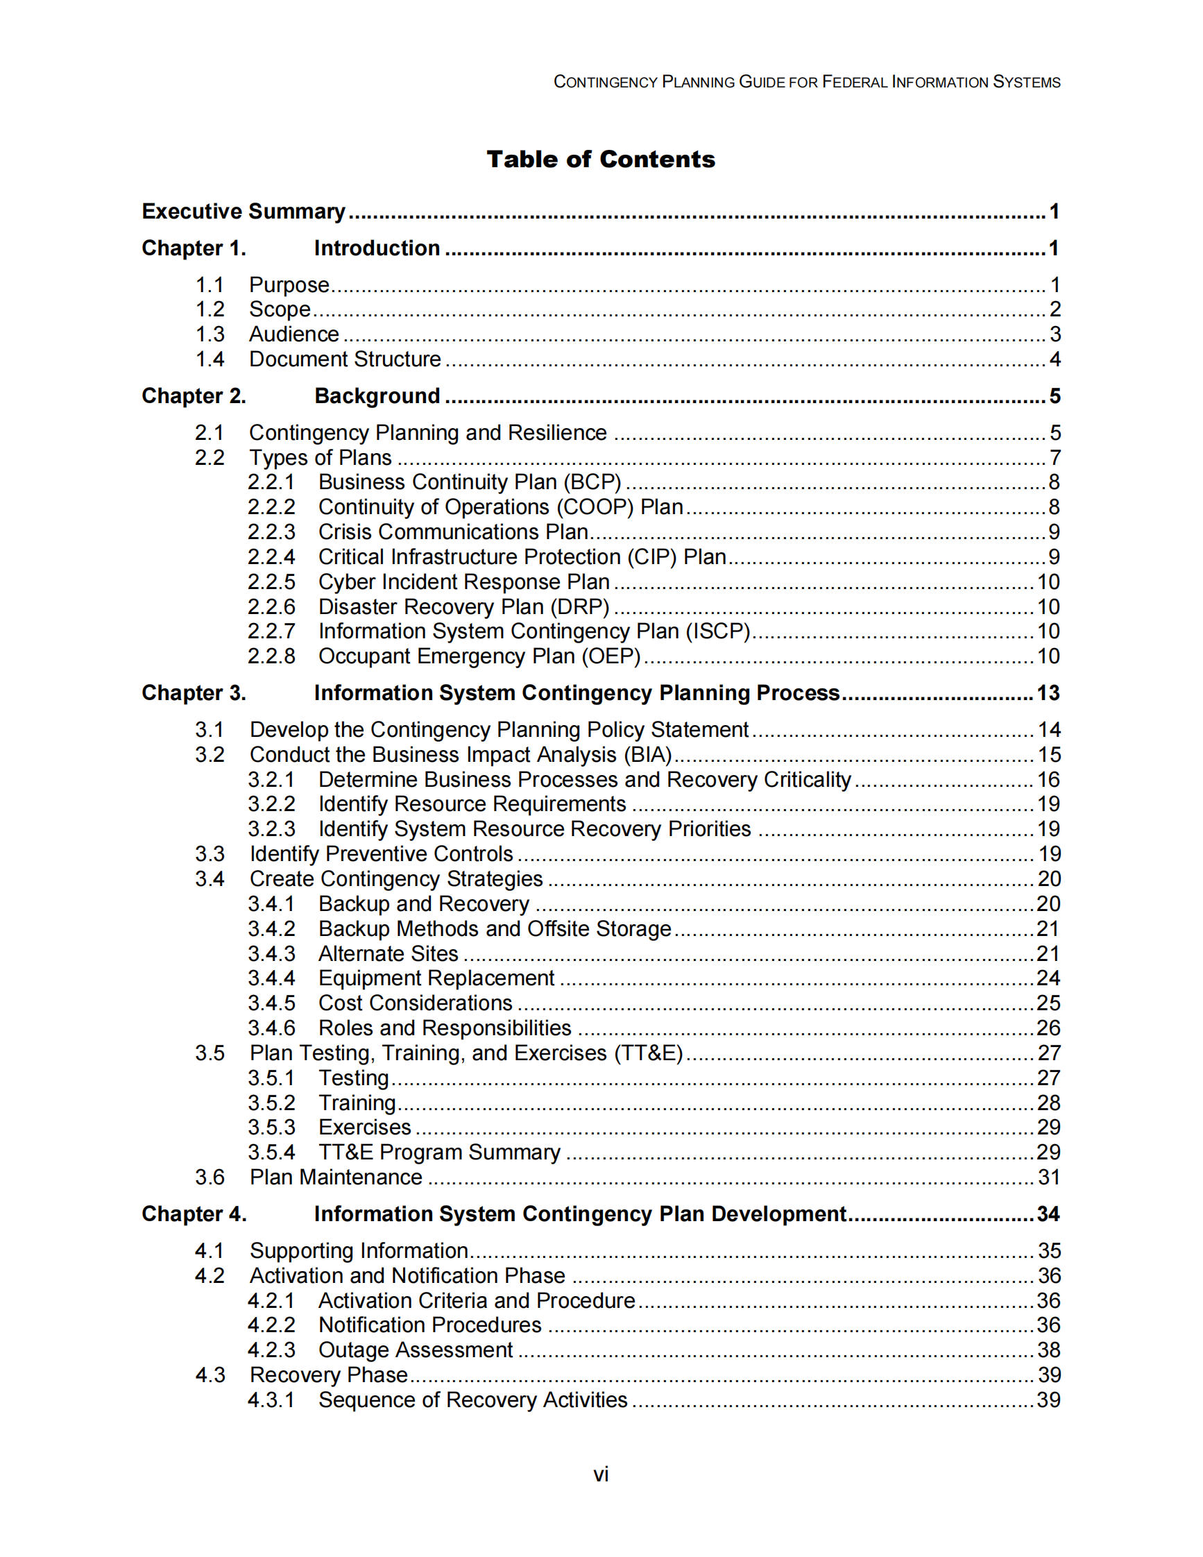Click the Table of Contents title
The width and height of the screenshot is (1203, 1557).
pyautogui.click(x=600, y=159)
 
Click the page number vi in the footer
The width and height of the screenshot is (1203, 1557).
pyautogui.click(x=601, y=1474)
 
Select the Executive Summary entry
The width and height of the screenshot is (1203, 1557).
pyautogui.click(x=243, y=212)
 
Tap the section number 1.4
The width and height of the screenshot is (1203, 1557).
pyautogui.click(x=210, y=359)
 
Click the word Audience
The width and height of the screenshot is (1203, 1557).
pyautogui.click(x=293, y=334)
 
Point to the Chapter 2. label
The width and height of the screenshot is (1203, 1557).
pyautogui.click(x=193, y=396)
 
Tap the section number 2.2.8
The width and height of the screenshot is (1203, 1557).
pyautogui.click(x=271, y=656)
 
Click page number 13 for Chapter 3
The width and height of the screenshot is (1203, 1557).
pyautogui.click(x=1048, y=694)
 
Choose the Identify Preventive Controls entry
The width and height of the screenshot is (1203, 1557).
pyautogui.click(x=381, y=854)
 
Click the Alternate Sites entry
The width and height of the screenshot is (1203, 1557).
pyautogui.click(x=388, y=954)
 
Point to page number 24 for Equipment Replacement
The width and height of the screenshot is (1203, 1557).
pyautogui.click(x=1048, y=979)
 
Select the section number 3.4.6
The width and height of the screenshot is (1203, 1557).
pyautogui.click(x=271, y=1029)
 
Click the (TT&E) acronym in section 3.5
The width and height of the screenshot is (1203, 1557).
pyautogui.click(x=649, y=1054)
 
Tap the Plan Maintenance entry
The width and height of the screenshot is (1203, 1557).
pyautogui.click(x=335, y=1177)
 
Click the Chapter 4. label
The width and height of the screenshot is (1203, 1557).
pyautogui.click(x=193, y=1215)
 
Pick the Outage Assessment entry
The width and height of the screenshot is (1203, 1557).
pyautogui.click(x=415, y=1350)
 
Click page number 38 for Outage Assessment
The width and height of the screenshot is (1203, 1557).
pyautogui.click(x=1048, y=1350)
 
